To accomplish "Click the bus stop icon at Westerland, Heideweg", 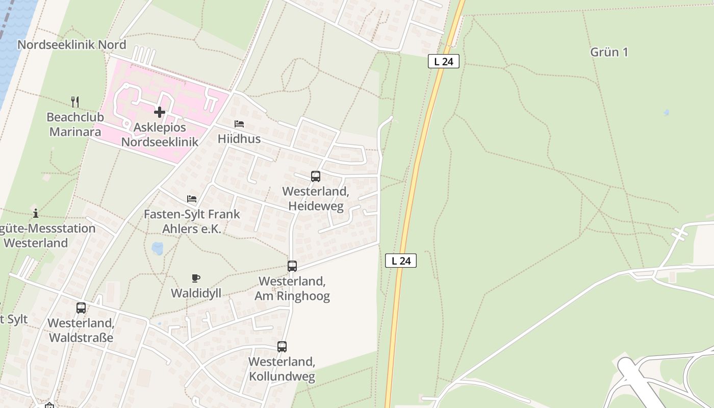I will click(316, 176).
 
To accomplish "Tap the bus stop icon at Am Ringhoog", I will click(292, 266).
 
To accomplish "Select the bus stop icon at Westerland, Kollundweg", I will click(282, 347).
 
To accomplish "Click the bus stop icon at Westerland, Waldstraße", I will click(81, 308).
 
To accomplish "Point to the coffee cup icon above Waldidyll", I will click(195, 278).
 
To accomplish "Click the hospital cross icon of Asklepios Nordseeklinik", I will click(160, 112).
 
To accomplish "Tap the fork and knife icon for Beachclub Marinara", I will click(75, 101).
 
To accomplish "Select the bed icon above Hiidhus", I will click(239, 124).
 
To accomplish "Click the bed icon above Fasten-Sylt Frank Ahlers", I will click(192, 198).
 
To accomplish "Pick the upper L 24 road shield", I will click(444, 62).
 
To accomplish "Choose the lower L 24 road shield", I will click(401, 261).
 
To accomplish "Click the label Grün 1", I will click(609, 52).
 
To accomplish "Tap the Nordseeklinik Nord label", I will click(72, 44).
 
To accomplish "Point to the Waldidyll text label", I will click(196, 293).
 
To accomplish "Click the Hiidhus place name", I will click(239, 139).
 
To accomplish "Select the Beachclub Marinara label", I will click(75, 124).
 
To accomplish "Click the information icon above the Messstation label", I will click(35, 213).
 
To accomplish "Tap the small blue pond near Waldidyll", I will click(157, 248).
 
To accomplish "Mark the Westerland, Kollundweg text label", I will click(282, 369).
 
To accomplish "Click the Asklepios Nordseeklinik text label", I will click(160, 134).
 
